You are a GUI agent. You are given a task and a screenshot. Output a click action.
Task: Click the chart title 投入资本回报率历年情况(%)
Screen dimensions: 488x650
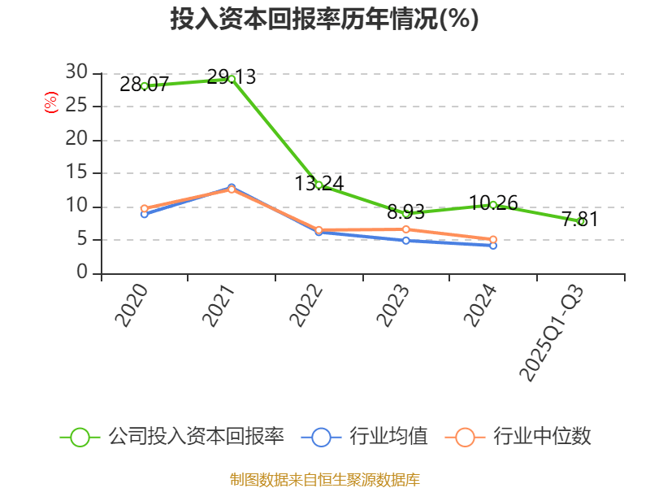point(324,20)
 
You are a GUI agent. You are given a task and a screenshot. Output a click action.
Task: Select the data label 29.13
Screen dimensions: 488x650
point(232,77)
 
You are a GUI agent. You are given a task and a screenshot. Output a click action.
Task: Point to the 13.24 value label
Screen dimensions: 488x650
point(319,183)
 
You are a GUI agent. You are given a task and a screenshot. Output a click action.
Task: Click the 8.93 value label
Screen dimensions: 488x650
point(405,212)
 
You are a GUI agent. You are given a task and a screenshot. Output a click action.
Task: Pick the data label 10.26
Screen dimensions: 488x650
point(493,203)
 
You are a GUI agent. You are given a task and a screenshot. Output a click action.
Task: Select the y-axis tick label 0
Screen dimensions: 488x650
point(82,273)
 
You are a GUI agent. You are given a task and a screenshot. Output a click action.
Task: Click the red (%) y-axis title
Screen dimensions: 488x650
point(51,102)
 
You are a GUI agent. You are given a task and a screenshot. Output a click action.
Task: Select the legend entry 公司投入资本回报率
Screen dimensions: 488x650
point(172,437)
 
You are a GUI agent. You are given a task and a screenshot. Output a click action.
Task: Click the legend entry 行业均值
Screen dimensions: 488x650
point(365,437)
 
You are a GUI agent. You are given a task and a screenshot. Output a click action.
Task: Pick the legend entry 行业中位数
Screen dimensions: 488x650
point(518,437)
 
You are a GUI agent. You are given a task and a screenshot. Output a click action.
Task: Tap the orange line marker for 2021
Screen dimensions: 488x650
point(232,190)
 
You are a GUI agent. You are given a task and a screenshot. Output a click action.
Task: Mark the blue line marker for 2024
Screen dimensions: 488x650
point(493,245)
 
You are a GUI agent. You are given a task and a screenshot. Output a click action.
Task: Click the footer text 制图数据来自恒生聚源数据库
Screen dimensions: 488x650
point(324,479)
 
